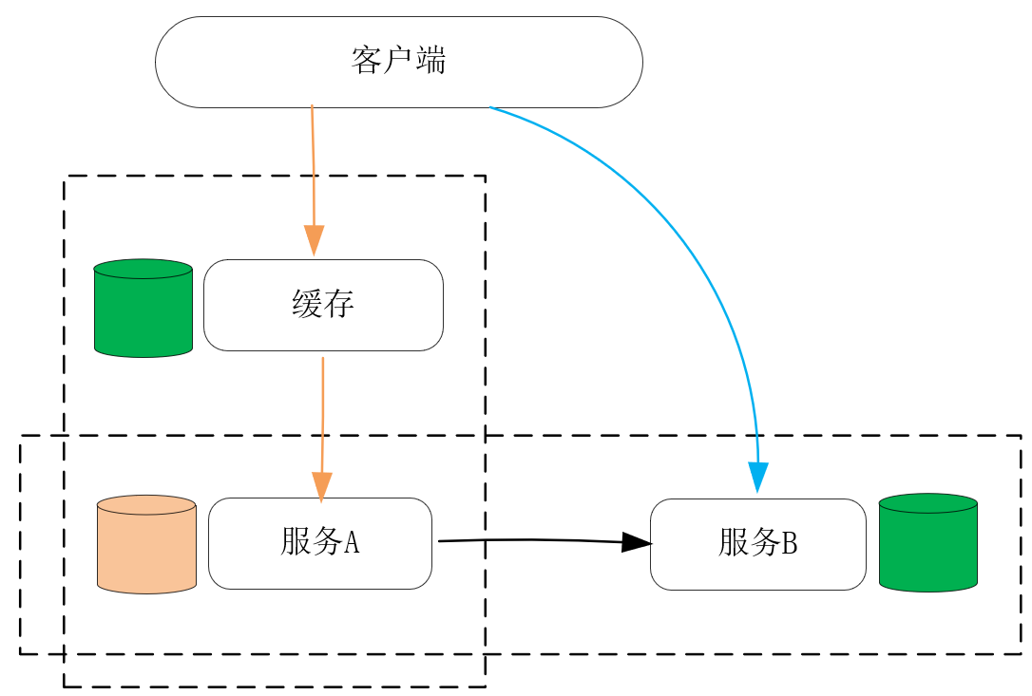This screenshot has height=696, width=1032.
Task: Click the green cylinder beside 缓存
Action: pyautogui.click(x=143, y=309)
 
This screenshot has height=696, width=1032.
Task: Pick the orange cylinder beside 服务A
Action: pyautogui.click(x=146, y=545)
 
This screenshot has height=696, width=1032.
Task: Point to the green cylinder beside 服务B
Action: pyautogui.click(x=928, y=543)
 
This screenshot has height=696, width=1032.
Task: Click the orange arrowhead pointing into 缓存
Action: pyautogui.click(x=314, y=239)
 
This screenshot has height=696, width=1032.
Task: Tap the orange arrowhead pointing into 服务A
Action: pyautogui.click(x=322, y=486)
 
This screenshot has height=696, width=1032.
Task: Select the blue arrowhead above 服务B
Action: pyautogui.click(x=757, y=476)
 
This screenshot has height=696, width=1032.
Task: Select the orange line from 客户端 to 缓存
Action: pyautogui.click(x=313, y=161)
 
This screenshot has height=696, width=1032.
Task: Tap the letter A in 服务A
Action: pyautogui.click(x=351, y=542)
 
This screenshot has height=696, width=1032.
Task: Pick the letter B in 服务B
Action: pyautogui.click(x=789, y=544)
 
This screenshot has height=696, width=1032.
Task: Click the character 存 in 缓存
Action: pyautogui.click(x=340, y=305)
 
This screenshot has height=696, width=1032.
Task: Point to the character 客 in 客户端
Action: pyautogui.click(x=367, y=61)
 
